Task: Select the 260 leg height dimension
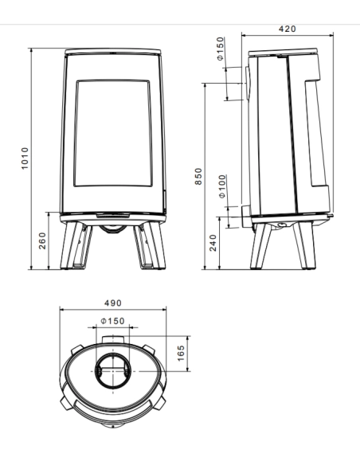(x=42, y=240)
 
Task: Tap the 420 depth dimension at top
(x=288, y=29)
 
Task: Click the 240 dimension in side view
(x=213, y=243)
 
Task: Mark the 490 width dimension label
(x=113, y=303)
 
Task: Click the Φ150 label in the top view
(x=113, y=320)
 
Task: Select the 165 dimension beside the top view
(x=181, y=350)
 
